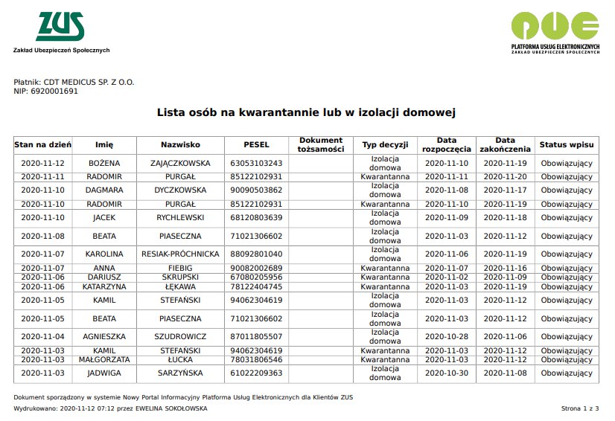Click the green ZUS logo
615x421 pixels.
(x=60, y=27)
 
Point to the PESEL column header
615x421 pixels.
(x=256, y=144)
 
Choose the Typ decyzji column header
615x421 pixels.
(x=385, y=144)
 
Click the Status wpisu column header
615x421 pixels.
(x=566, y=144)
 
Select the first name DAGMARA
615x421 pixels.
(x=104, y=190)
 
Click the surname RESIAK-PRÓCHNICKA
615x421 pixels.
(x=180, y=254)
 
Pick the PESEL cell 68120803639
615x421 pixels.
(x=256, y=217)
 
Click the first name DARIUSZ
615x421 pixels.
(x=104, y=277)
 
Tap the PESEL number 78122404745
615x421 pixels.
(x=256, y=286)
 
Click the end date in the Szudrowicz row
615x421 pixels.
(x=505, y=336)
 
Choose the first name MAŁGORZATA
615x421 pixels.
(x=104, y=359)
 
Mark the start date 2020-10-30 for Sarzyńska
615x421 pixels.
(x=447, y=373)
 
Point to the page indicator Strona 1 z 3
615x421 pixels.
(x=579, y=408)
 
